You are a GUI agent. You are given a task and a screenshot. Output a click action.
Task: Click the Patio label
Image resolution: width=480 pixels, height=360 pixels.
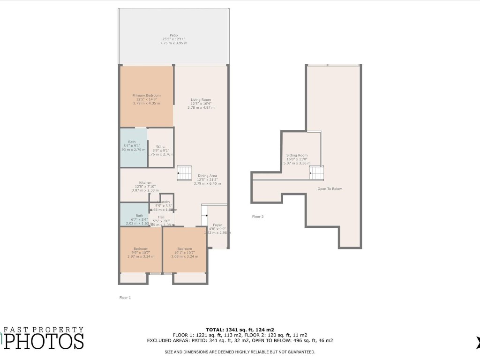coord(174,35)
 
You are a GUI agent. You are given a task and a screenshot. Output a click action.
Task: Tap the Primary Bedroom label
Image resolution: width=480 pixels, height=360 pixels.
coord(147,95)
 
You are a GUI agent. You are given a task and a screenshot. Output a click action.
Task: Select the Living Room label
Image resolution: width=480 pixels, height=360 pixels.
coord(201,100)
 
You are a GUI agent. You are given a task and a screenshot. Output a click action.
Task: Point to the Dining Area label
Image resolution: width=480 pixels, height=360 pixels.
coord(207,176)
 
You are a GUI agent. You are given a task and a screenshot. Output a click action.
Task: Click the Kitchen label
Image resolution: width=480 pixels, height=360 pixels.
coord(145,183)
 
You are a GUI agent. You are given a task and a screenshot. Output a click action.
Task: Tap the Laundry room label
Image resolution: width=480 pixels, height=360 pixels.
coord(164,202)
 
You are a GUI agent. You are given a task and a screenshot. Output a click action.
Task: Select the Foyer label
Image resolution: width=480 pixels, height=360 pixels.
coord(217,225)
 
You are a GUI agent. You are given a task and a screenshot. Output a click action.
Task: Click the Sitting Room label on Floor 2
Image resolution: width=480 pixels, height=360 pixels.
coord(297,155)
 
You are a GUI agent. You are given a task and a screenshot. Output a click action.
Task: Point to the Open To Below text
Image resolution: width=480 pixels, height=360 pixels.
coord(330,189)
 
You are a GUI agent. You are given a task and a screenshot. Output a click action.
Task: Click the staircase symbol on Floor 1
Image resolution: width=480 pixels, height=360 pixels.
coord(184,172)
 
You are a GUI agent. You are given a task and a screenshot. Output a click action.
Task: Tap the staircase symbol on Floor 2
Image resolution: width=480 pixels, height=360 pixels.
coord(317,173)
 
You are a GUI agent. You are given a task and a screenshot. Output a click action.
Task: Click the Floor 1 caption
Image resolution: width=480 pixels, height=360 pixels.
coord(125,298)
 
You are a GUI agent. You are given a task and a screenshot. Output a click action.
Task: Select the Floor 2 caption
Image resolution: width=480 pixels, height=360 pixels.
coord(258,217)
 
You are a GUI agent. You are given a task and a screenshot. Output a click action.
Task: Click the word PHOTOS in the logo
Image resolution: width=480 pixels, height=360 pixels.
coord(45,341)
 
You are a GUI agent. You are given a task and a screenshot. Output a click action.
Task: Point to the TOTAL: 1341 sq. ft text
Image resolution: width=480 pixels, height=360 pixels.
coord(240,330)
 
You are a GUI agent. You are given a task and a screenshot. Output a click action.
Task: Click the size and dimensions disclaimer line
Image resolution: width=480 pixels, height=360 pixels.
coord(240,352)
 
